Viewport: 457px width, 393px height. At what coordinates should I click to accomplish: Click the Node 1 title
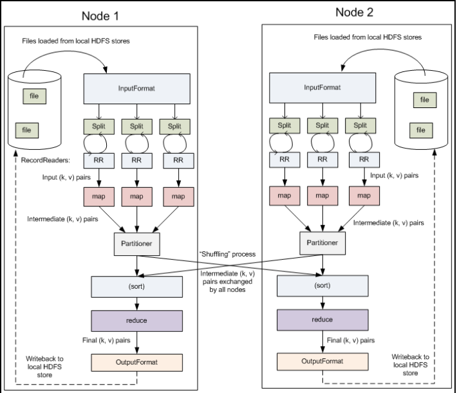[100, 16]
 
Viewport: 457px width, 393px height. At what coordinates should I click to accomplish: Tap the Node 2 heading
[355, 12]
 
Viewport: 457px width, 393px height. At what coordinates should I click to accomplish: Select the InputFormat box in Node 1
[136, 89]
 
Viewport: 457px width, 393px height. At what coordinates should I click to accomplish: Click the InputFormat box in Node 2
[322, 87]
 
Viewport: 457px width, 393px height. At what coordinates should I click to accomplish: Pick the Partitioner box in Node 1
[136, 244]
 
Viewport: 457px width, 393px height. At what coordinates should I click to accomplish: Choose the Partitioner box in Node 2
[322, 243]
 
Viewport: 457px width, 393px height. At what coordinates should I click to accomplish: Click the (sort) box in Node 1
[136, 287]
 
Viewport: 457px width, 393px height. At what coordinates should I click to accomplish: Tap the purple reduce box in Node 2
[322, 320]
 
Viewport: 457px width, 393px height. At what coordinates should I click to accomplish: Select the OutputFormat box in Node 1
[136, 362]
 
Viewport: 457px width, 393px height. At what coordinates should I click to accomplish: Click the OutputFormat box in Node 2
[322, 361]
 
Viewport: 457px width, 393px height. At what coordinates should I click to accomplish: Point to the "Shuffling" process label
[227, 254]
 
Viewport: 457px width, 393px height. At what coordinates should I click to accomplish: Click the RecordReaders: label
[46, 160]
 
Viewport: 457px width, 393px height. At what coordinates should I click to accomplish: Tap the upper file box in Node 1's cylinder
[34, 96]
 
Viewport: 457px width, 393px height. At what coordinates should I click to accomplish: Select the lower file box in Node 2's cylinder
[421, 130]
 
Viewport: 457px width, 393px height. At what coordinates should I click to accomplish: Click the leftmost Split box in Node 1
[99, 127]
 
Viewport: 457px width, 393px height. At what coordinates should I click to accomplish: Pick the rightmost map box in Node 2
[364, 196]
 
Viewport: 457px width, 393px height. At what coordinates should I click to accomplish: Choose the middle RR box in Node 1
[136, 161]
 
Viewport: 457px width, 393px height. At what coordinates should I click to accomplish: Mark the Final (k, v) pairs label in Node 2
[351, 340]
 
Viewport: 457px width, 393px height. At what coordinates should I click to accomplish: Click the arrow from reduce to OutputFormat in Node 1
[136, 343]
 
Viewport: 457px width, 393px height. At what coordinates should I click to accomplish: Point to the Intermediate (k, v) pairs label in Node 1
[62, 219]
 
